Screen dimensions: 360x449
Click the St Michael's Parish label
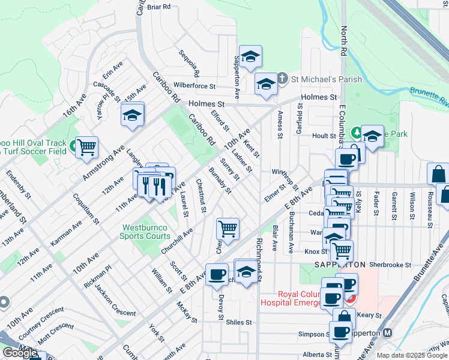327,79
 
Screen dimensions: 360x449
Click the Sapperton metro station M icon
388,333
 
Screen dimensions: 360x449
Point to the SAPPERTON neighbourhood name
340,265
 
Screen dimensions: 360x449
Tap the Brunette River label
429,95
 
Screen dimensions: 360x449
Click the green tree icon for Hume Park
356,132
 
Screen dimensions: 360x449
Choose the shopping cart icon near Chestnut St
228,228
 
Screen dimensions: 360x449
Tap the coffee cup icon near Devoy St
217,275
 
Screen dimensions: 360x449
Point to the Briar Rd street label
159,7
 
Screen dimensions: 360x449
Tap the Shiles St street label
239,322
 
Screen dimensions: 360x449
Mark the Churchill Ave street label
176,241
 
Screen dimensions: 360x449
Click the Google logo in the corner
20,353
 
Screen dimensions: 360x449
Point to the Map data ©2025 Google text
412,355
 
